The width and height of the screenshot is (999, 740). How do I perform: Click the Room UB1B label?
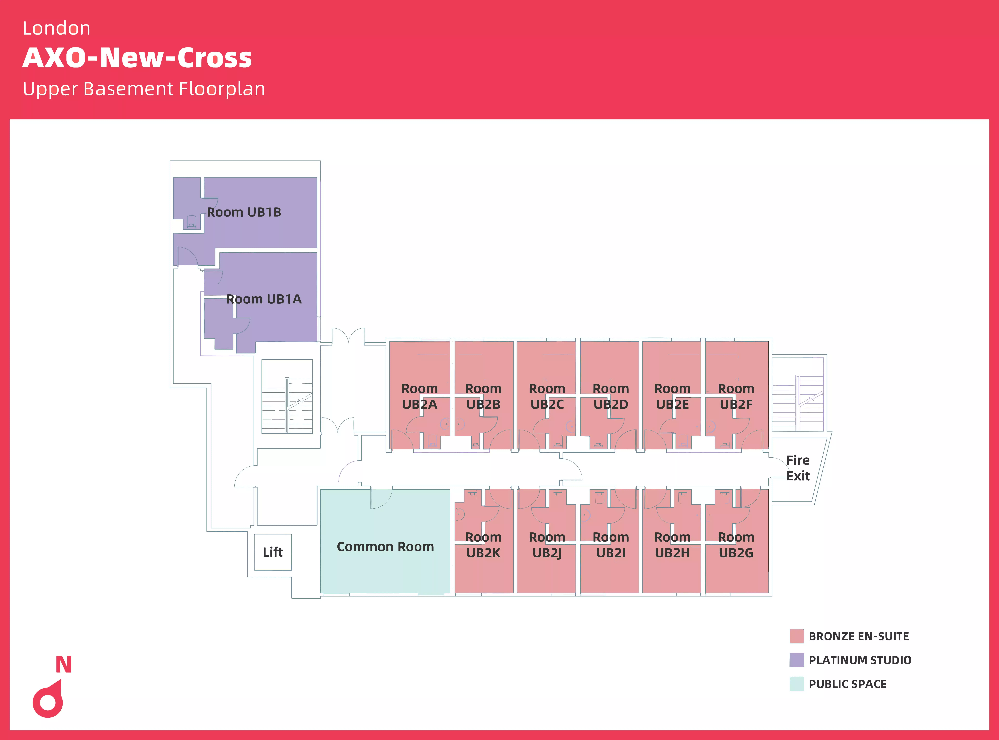point(244,212)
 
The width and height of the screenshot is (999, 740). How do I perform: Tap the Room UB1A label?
point(264,299)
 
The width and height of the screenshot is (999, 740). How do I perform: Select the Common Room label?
point(385,547)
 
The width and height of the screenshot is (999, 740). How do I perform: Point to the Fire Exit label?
point(798,468)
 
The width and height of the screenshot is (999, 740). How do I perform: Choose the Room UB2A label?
point(420,396)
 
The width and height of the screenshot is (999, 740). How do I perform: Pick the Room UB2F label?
point(736,396)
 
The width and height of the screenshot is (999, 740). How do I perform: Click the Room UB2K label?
point(483,545)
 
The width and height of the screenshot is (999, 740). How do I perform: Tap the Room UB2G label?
point(736,545)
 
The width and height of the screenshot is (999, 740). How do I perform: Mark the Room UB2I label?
point(611,545)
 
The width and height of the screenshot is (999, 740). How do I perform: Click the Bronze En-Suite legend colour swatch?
point(797,636)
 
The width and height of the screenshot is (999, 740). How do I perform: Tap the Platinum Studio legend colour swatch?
point(797,660)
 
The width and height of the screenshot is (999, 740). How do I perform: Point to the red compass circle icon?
point(48,702)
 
